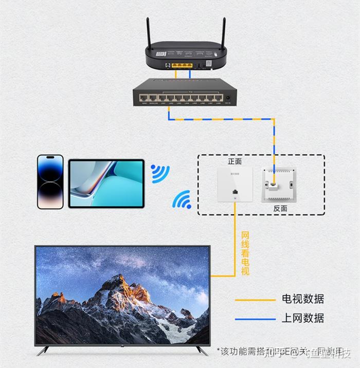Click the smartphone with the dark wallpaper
click(50, 182)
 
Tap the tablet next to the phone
click(106, 183)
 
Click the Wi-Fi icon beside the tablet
click(160, 174)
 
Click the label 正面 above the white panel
click(235, 161)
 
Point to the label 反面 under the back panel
click(280, 209)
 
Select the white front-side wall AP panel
click(235, 185)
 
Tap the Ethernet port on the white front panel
click(235, 192)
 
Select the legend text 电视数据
click(303, 299)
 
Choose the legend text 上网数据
click(303, 318)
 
